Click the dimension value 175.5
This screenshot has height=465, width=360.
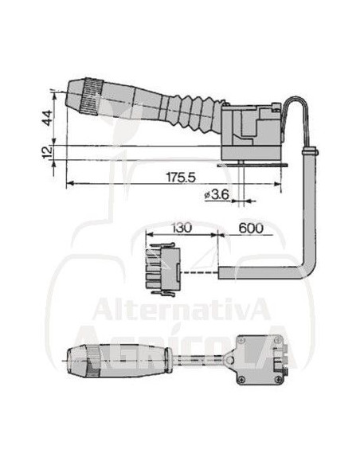(x=181, y=178)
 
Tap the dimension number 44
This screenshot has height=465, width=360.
(x=47, y=118)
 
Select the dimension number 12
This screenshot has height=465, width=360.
(x=47, y=152)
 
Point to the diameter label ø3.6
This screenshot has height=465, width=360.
(x=217, y=194)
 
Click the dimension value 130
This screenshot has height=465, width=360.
(x=182, y=228)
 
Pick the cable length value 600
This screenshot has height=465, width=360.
(x=251, y=228)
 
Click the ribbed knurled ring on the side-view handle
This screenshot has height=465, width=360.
(x=92, y=96)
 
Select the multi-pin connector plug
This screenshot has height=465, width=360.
(x=163, y=269)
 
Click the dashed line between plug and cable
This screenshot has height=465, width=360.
(x=199, y=272)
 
